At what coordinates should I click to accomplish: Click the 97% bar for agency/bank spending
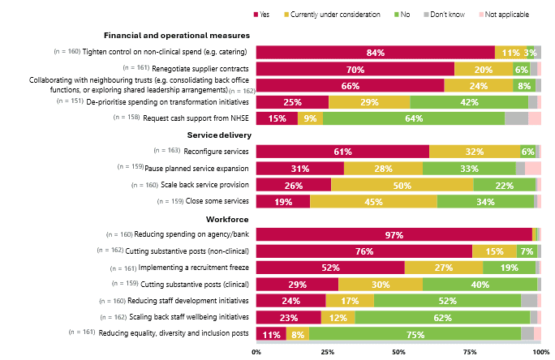394,234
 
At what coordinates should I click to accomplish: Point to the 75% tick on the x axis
470,353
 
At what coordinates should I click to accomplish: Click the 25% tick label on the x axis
327,353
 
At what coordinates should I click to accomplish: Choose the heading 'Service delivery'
219,135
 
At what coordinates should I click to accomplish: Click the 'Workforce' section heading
229,219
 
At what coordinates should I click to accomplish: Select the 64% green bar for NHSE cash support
414,118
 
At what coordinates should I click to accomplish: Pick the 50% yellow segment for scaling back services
402,185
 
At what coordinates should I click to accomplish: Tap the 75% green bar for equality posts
415,334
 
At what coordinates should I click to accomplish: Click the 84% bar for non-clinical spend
376,53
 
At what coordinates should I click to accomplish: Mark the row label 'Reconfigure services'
217,152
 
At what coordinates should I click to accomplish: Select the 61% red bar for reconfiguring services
342,152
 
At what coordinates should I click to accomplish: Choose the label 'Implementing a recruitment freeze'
195,268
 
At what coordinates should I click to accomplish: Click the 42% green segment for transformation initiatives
469,102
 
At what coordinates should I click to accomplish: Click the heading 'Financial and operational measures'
177,36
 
